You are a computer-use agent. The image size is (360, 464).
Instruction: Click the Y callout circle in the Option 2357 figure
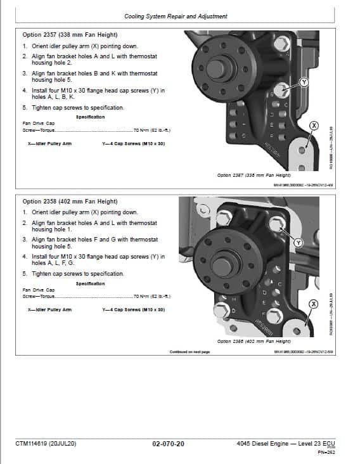(304, 82)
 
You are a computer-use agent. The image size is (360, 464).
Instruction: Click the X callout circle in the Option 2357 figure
(312, 126)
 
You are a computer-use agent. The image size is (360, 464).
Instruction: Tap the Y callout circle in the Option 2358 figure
(299, 243)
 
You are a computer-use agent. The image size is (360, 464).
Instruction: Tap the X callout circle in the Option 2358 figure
(312, 305)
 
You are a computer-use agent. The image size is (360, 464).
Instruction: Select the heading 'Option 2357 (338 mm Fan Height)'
(70, 35)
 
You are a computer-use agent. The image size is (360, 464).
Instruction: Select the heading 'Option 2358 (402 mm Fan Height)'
(70, 202)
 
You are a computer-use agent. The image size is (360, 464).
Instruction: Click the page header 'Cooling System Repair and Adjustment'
(176, 16)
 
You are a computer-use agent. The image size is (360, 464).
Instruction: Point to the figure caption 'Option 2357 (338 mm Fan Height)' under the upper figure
(254, 175)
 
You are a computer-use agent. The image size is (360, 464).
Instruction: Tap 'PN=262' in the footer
(326, 452)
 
